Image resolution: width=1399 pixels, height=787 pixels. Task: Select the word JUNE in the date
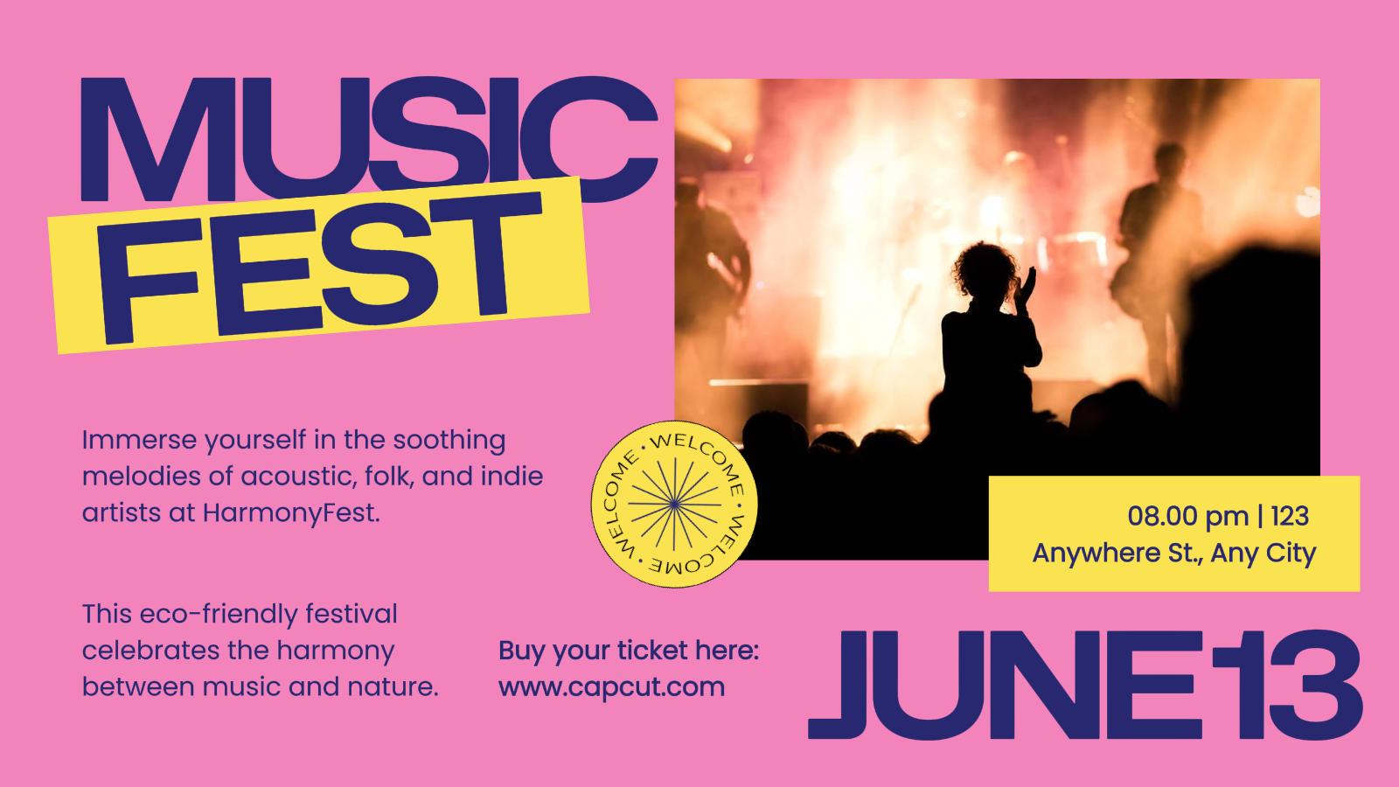pyautogui.click(x=1006, y=685)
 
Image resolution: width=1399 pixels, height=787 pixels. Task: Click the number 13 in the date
pyautogui.click(x=1286, y=685)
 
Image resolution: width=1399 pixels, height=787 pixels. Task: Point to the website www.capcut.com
pyautogui.click(x=611, y=687)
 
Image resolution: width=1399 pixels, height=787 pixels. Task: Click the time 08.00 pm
pyautogui.click(x=1187, y=516)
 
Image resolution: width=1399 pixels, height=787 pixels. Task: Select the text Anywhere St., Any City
pyautogui.click(x=1174, y=554)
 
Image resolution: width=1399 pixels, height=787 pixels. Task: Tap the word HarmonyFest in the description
pyautogui.click(x=291, y=513)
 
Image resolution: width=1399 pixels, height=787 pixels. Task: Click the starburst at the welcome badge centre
pyautogui.click(x=674, y=503)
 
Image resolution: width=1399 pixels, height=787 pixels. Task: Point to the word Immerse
pyautogui.click(x=139, y=440)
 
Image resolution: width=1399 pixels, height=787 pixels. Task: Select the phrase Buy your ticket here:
pyautogui.click(x=629, y=651)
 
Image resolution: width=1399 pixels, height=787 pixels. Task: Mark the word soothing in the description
pyautogui.click(x=449, y=441)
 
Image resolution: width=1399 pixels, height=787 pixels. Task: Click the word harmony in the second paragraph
pyautogui.click(x=336, y=651)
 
